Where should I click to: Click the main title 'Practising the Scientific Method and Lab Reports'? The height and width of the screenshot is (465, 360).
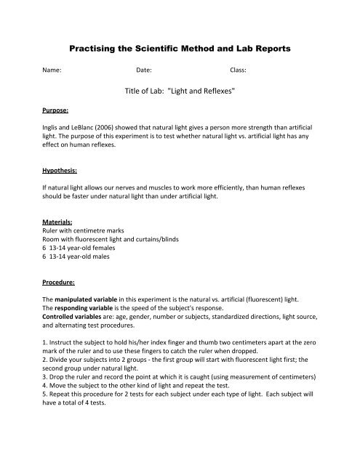[180, 48]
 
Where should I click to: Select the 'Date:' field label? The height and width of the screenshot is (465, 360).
[143, 73]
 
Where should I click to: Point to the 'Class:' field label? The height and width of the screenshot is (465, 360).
[238, 73]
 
